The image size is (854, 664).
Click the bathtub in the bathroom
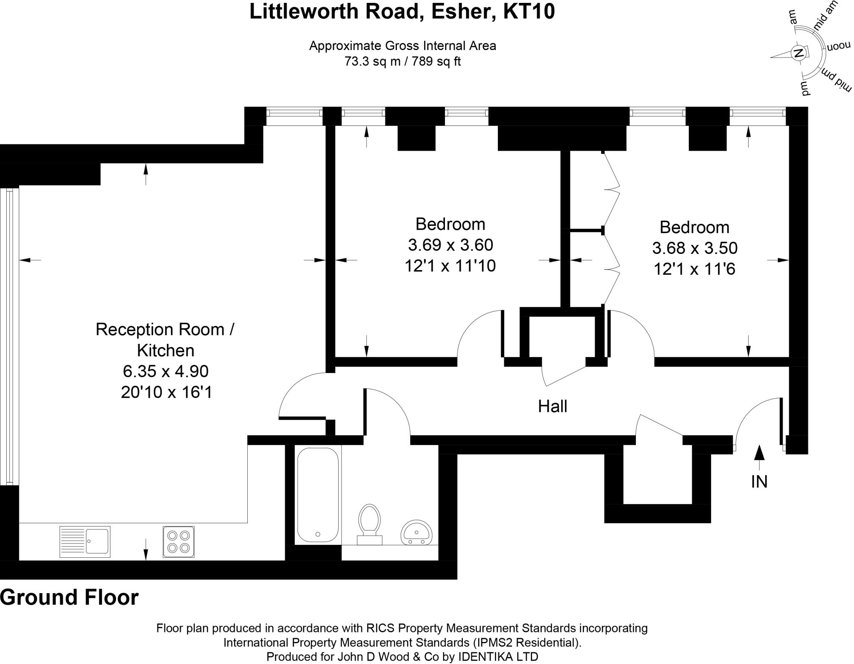tap(318, 495)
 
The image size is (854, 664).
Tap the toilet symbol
tap(369, 524)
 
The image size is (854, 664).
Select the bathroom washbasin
tap(416, 532)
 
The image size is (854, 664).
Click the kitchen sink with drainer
tap(85, 541)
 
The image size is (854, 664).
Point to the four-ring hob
tap(178, 542)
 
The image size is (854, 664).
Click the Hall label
tap(553, 406)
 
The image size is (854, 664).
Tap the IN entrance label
tap(759, 482)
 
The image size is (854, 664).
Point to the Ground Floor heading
tap(69, 597)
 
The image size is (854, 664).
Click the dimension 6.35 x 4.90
tap(166, 371)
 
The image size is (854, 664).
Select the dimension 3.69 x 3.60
tap(450, 245)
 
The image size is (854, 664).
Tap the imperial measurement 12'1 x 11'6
tap(694, 269)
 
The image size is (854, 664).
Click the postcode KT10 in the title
tap(529, 11)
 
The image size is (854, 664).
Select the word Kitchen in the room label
tap(166, 351)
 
